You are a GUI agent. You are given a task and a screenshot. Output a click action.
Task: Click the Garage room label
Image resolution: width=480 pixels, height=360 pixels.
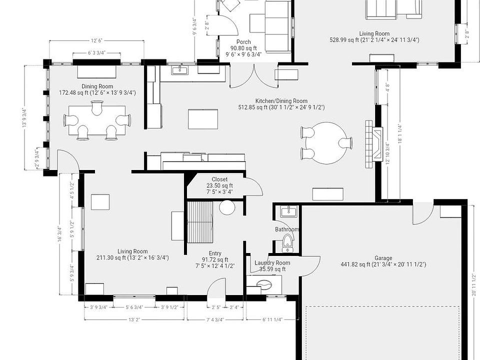(383, 258)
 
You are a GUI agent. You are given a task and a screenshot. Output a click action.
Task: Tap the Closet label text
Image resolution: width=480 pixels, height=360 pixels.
(219, 179)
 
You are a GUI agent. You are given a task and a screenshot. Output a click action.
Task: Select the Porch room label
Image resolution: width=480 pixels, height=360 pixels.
(243, 42)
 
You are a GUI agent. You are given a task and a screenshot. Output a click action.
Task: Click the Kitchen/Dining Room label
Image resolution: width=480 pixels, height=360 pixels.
(281, 101)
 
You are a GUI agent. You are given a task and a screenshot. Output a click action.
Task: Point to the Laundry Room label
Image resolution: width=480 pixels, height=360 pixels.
(272, 262)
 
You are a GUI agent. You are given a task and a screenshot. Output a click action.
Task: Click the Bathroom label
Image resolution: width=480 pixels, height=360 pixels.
(286, 229)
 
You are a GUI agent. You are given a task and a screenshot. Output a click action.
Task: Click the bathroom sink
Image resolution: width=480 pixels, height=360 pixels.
(288, 211)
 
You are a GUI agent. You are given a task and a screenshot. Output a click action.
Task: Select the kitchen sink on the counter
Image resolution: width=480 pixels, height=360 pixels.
(180, 70)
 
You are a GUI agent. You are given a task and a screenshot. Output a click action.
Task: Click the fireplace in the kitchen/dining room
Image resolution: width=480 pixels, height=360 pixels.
(374, 143)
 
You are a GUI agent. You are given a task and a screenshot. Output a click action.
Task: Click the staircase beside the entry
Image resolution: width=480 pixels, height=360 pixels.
(200, 222)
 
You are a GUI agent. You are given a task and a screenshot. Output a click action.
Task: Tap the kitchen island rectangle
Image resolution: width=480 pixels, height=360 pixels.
(203, 119)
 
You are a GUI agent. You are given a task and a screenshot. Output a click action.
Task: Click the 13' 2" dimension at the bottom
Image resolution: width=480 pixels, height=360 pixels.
(134, 319)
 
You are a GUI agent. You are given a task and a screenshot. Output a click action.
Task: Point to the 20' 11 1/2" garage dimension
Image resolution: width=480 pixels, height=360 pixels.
(474, 284)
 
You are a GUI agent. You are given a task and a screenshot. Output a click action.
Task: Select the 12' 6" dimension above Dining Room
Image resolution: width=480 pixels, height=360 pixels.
(96, 40)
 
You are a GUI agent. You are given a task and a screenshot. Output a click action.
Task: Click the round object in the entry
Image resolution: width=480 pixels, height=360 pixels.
(227, 207)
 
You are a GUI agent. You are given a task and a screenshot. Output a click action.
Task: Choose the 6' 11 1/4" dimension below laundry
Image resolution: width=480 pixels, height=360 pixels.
(272, 319)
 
